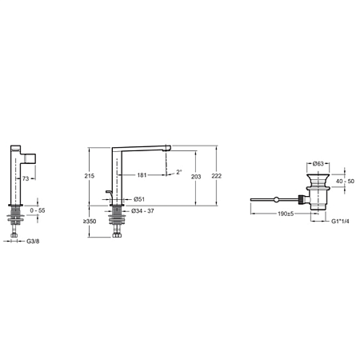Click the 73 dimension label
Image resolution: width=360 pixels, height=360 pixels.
pos(26,178)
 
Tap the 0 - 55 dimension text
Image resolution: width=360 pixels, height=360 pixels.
pos(38,210)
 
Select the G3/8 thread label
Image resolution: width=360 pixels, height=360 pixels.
pos(33,242)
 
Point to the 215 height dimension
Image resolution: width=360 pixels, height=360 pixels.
pos(90,176)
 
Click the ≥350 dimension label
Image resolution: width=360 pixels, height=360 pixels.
pos(90,222)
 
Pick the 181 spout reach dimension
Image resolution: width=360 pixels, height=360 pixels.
pos(142,175)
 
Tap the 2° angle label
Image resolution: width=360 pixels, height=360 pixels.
pos(179,172)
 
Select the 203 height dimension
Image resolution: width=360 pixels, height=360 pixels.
pos(196,177)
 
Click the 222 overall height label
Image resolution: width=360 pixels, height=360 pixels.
pos(217,176)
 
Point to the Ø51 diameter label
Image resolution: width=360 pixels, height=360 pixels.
pos(139,199)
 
